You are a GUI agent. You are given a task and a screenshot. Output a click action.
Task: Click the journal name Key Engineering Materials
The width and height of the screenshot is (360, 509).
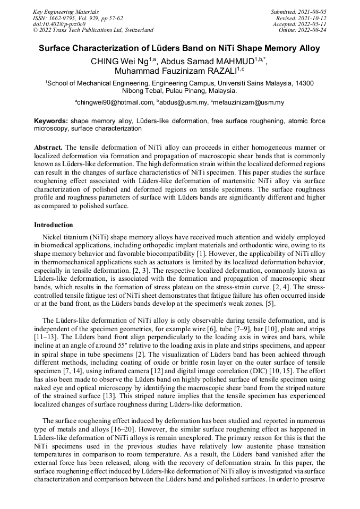pyautogui.click(x=66, y=11)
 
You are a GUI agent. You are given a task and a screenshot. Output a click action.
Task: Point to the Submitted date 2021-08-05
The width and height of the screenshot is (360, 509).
pyautogui.click(x=313, y=11)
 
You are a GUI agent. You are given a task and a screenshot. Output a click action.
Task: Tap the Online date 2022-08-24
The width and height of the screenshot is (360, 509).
pyautogui.click(x=313, y=30)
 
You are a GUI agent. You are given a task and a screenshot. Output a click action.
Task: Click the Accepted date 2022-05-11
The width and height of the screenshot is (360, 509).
pyautogui.click(x=313, y=24)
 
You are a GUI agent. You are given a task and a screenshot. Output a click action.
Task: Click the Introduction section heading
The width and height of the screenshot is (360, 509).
pyautogui.click(x=53, y=225)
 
